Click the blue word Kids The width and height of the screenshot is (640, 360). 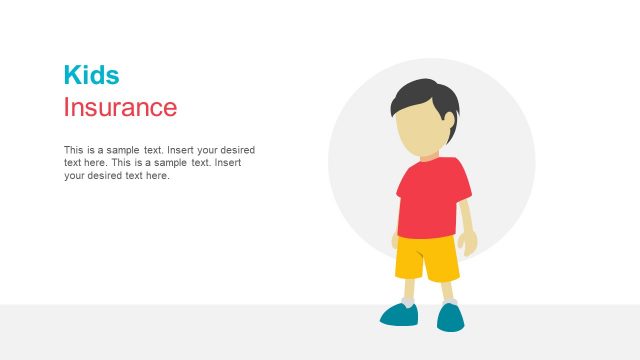pyautogui.click(x=91, y=75)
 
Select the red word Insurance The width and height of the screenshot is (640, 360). pyautogui.click(x=120, y=107)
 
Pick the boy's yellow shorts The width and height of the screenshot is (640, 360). pyautogui.click(x=426, y=259)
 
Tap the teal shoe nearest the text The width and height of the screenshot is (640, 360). pyautogui.click(x=399, y=315)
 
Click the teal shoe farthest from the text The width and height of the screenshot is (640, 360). pyautogui.click(x=451, y=317)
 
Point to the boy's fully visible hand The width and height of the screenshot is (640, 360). pyautogui.click(x=468, y=242)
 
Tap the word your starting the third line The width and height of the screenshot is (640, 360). pyautogui.click(x=74, y=176)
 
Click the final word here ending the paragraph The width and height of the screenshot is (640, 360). pyautogui.click(x=159, y=176)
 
